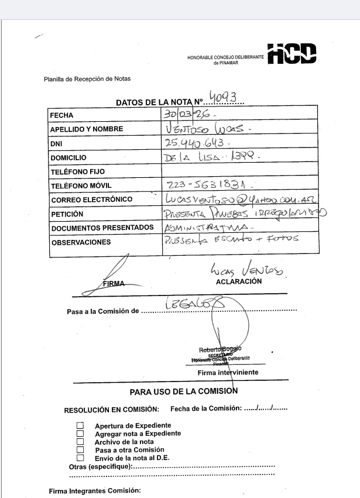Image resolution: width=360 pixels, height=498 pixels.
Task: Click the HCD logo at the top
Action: pyautogui.click(x=292, y=53)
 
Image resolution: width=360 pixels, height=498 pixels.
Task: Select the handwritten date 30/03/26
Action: pyautogui.click(x=186, y=115)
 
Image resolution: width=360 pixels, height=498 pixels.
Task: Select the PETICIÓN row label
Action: pyautogui.click(x=67, y=214)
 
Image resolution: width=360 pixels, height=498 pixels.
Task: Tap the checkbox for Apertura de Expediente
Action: pyautogui.click(x=81, y=425)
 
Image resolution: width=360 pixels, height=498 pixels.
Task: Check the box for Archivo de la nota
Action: pyautogui.click(x=81, y=442)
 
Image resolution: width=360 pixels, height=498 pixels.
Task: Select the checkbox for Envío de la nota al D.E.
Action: pyautogui.click(x=81, y=458)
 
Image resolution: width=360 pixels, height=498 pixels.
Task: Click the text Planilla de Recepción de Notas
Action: pyautogui.click(x=87, y=78)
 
